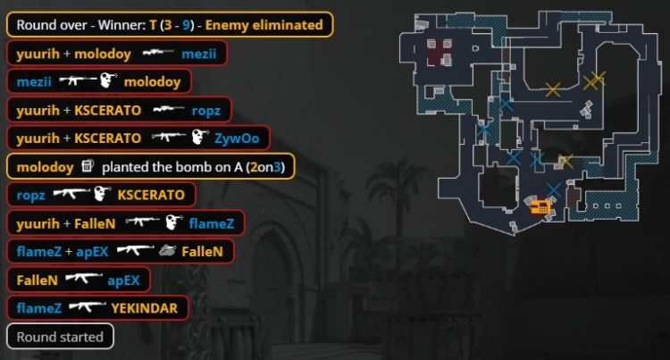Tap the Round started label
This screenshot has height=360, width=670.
pyautogui.click(x=61, y=337)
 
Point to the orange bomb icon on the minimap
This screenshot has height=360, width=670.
pyautogui.click(x=540, y=207)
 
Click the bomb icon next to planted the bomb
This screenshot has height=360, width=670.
pyautogui.click(x=88, y=166)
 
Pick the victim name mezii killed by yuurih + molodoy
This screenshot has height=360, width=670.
pyautogui.click(x=199, y=54)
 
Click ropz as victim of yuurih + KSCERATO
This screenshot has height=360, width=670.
pyautogui.click(x=205, y=110)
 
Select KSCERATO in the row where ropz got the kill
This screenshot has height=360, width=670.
pyautogui.click(x=151, y=195)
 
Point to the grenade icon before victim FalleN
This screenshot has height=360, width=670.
pyautogui.click(x=166, y=251)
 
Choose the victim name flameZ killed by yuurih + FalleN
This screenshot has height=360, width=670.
pyautogui.click(x=210, y=223)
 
